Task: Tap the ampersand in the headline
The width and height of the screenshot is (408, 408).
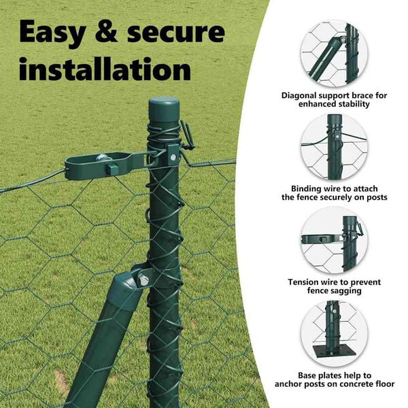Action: pyautogui.click(x=107, y=32)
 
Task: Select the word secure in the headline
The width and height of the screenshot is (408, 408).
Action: pyautogui.click(x=176, y=33)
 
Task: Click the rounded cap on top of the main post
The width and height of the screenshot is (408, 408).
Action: pyautogui.click(x=164, y=109)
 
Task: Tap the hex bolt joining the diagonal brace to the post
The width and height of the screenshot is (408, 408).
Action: pyautogui.click(x=143, y=280)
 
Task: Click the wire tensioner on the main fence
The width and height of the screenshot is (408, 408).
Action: pyautogui.click(x=104, y=166)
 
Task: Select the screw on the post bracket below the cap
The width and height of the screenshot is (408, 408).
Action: pyautogui.click(x=173, y=157)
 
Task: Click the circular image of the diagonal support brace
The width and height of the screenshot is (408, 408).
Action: pyautogui.click(x=335, y=53)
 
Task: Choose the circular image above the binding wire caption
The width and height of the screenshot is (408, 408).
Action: pyautogui.click(x=335, y=147)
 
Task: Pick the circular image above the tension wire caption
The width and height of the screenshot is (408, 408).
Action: pyautogui.click(x=335, y=240)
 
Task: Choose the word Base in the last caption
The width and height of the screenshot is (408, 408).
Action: pyautogui.click(x=307, y=375)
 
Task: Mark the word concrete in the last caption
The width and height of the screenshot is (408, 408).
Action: pyautogui.click(x=357, y=384)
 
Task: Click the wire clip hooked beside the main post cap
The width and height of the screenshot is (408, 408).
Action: pyautogui.click(x=188, y=136)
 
